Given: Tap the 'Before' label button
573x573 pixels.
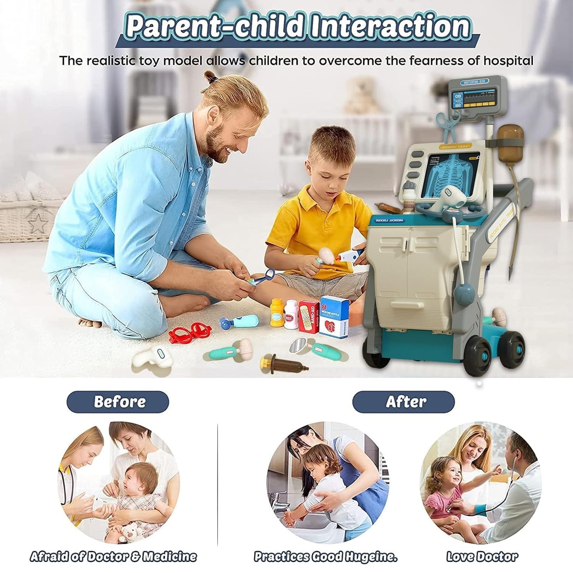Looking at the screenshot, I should click(x=118, y=402).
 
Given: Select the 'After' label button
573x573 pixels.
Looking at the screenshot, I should click(x=403, y=402).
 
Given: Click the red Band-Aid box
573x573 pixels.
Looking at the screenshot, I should click(x=309, y=316).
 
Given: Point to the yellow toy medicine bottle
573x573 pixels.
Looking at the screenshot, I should click(x=277, y=313).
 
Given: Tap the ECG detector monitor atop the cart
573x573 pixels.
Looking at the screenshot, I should click(x=477, y=97).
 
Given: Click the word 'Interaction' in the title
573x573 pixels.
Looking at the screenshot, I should click(x=390, y=27).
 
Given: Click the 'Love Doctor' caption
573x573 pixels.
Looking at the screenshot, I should click(x=482, y=556).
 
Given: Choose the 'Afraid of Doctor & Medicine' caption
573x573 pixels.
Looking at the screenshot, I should click(x=113, y=556).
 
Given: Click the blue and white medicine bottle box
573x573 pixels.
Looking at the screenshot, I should click(x=334, y=316).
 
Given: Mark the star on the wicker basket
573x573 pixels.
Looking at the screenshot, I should click(x=38, y=224).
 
